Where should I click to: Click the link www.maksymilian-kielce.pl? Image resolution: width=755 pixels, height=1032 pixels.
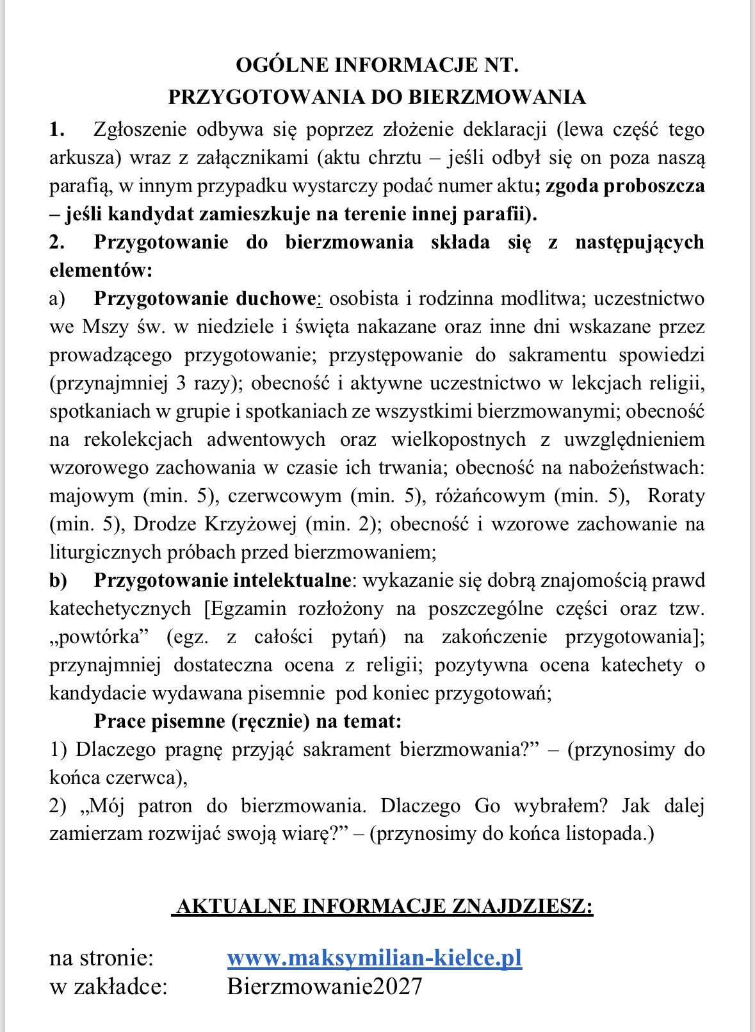pos(374,958)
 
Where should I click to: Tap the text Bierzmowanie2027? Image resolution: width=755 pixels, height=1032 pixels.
pos(324,987)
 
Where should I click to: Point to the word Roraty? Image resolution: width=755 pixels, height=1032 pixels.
pos(676,496)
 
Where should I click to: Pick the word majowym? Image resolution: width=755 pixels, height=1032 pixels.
pos(92,496)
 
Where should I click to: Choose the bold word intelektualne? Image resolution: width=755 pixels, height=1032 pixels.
pos(292,580)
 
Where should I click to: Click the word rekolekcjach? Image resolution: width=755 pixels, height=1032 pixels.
pos(138,439)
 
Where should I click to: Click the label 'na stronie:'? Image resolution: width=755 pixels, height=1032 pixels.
pos(101,958)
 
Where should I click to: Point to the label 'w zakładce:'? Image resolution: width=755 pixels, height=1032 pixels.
pos(108,987)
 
